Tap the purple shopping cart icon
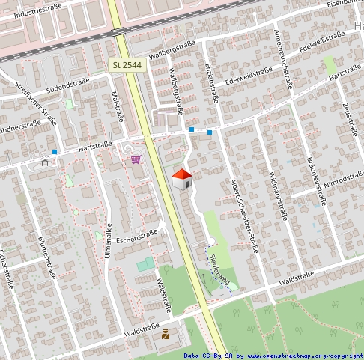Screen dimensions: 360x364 (136, 159)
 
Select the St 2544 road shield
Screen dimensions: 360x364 (127, 66)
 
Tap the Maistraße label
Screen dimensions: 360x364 (117, 106)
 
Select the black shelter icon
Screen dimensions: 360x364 (45, 161)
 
